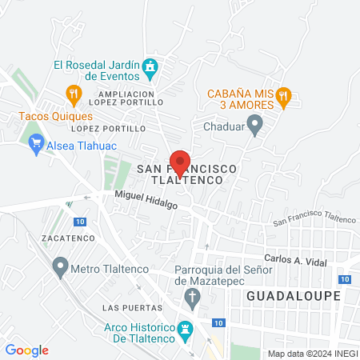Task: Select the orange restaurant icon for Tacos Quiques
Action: (x=74, y=95)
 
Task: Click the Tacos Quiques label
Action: (x=50, y=115)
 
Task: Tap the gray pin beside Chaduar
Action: (x=255, y=124)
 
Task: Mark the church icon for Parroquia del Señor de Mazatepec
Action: (x=191, y=298)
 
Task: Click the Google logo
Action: (x=26, y=350)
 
